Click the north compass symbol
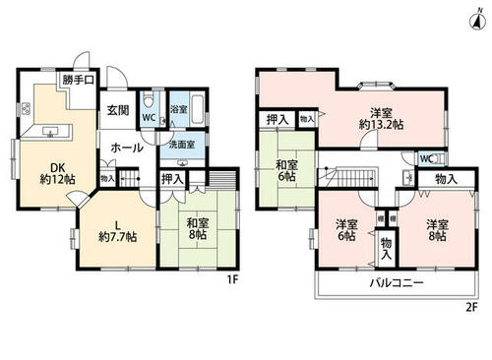[x=478, y=20]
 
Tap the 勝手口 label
[x=79, y=80]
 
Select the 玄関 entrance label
[x=118, y=110]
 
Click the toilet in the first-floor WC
[x=150, y=100]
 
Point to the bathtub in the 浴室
[x=198, y=109]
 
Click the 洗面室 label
[x=182, y=145]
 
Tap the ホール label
[x=127, y=149]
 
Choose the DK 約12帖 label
[x=57, y=173]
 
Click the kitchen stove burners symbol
[x=26, y=109]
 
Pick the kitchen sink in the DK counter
[x=50, y=132]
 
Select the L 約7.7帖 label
[x=118, y=231]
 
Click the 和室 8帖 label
[x=197, y=229]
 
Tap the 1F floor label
[x=232, y=279]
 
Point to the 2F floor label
[x=471, y=308]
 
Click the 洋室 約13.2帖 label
[x=381, y=119]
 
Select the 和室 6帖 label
[x=285, y=171]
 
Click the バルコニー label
[x=397, y=282]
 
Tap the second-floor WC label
[x=427, y=159]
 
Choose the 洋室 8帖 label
[x=438, y=230]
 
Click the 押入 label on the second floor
[x=277, y=120]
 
